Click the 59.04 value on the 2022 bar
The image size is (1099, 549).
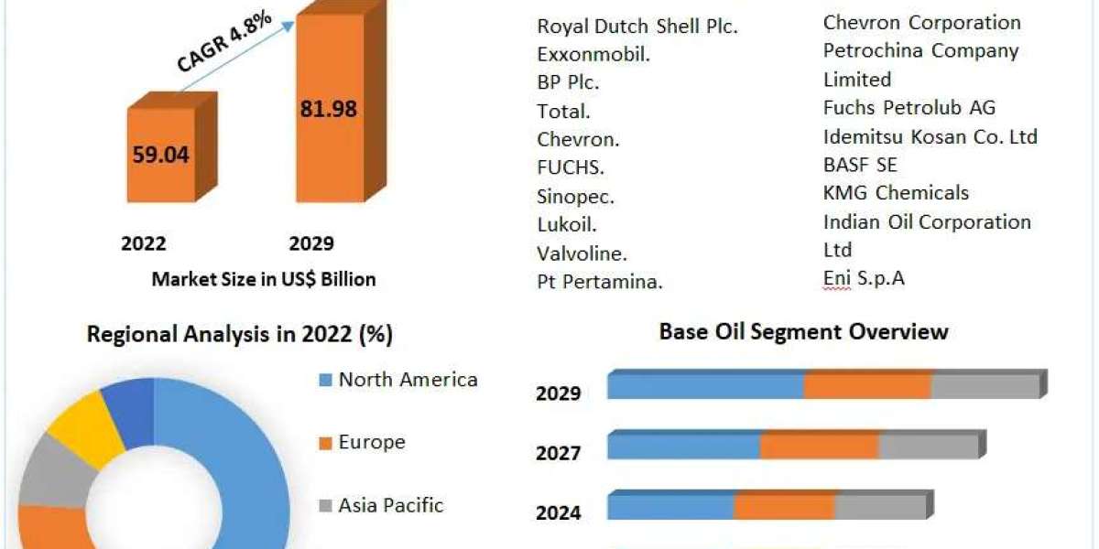(160, 155)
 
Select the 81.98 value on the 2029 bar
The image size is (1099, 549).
(328, 109)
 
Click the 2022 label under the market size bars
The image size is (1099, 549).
(144, 243)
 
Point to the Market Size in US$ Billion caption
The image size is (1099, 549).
(264, 279)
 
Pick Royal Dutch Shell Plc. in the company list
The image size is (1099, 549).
(637, 27)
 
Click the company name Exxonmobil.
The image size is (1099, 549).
(593, 55)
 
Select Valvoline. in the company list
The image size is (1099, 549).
(582, 253)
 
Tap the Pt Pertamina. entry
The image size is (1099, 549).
(600, 282)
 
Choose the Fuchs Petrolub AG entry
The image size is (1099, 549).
(909, 107)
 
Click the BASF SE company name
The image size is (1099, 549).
(860, 165)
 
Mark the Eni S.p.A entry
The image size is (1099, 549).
(864, 278)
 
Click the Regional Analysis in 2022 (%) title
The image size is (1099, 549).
(240, 334)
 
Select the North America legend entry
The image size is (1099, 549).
(408, 380)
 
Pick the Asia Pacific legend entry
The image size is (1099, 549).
(391, 504)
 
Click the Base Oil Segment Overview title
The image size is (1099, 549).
(804, 331)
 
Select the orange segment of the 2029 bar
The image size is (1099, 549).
(867, 386)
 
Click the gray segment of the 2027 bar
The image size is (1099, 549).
(928, 447)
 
